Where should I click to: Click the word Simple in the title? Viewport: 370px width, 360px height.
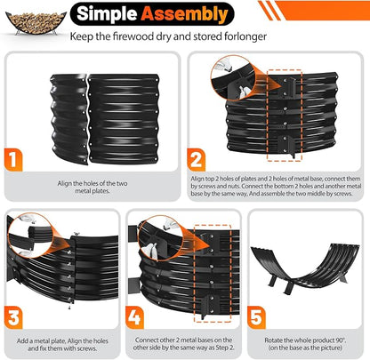coord(107,13)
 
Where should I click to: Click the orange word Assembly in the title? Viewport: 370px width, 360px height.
coord(185,14)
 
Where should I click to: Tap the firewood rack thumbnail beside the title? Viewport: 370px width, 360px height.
coord(36,23)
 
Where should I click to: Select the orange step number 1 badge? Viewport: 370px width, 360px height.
coord(13,160)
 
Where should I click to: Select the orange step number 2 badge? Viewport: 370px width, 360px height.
coord(196,160)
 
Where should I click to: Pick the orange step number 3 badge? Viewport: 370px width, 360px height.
coord(13,317)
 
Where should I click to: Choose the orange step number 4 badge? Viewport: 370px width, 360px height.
coord(135,317)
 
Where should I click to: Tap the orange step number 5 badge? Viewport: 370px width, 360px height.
coord(256,317)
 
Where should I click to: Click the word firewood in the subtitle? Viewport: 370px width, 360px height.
coord(133,36)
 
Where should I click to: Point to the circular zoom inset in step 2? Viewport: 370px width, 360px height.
coord(233,77)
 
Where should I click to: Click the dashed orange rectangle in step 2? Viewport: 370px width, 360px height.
coord(285,116)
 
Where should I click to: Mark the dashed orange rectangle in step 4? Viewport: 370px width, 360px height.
coord(213,273)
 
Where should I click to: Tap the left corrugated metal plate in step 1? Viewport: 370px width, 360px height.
coord(68,118)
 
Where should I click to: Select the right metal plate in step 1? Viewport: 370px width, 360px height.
coord(124,118)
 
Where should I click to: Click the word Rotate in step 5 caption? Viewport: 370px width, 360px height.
coord(273,340)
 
